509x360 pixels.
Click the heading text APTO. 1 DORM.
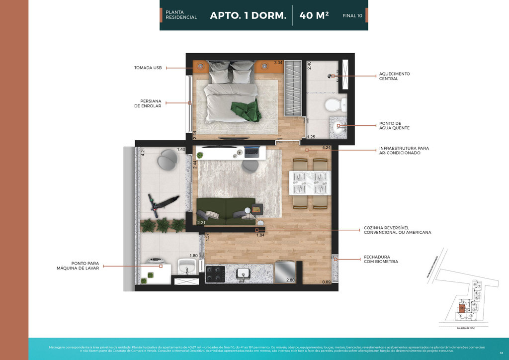(x=248, y=15)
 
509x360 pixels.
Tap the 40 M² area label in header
(x=314, y=15)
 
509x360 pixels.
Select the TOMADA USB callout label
(x=148, y=68)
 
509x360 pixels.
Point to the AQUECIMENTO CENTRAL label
(x=394, y=76)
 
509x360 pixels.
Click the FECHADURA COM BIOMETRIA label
(x=381, y=260)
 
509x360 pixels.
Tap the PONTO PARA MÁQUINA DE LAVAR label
(x=78, y=266)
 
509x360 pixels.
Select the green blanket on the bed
(x=245, y=109)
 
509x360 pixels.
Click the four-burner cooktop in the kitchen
(x=215, y=274)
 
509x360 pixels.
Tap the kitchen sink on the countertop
(x=244, y=273)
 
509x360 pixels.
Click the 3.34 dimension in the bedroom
(x=278, y=63)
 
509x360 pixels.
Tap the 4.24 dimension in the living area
(x=327, y=148)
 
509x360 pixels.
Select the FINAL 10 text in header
(x=352, y=16)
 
